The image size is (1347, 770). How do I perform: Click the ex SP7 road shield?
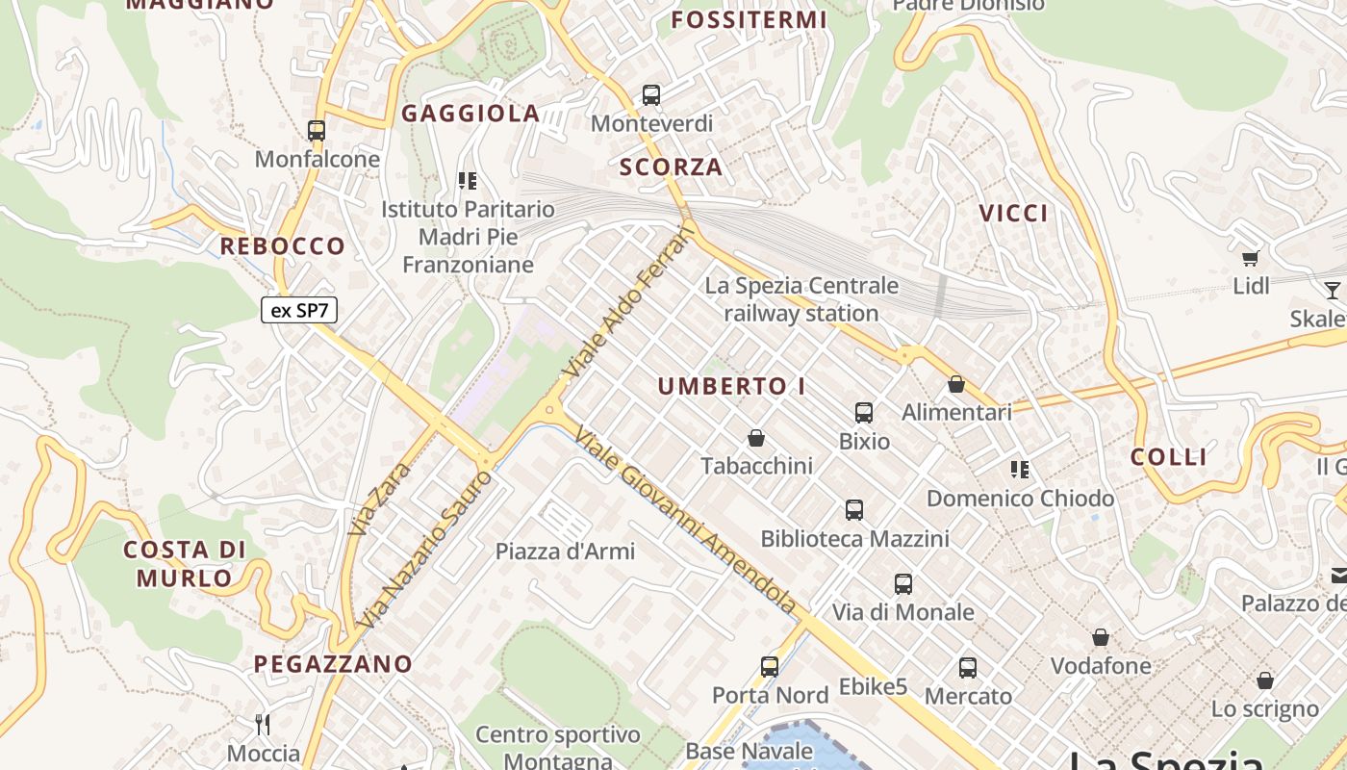click(298, 310)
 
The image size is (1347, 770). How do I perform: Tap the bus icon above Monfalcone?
click(317, 131)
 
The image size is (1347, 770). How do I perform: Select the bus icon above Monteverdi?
click(651, 95)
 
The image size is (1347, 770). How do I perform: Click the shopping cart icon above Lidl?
click(1251, 258)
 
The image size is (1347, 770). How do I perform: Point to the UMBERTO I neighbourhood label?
click(732, 387)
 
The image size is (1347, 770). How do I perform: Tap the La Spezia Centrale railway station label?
click(801, 299)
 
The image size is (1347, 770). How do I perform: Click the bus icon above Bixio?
click(864, 413)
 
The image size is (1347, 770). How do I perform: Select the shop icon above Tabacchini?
click(756, 438)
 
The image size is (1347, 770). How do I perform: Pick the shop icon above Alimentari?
click(956, 384)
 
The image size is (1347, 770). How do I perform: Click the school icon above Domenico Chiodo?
click(1020, 470)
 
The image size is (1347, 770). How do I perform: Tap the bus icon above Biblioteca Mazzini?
click(854, 510)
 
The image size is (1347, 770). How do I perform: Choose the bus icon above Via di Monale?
click(903, 583)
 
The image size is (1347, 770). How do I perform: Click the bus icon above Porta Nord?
click(770, 666)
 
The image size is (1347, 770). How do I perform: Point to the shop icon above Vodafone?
click(1101, 637)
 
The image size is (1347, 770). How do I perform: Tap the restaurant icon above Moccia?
click(263, 724)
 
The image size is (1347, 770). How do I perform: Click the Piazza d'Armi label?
click(565, 552)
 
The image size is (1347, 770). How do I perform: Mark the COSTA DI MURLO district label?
click(185, 563)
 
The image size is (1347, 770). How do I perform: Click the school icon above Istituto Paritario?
click(468, 180)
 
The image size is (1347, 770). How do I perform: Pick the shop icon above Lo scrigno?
click(1265, 680)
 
